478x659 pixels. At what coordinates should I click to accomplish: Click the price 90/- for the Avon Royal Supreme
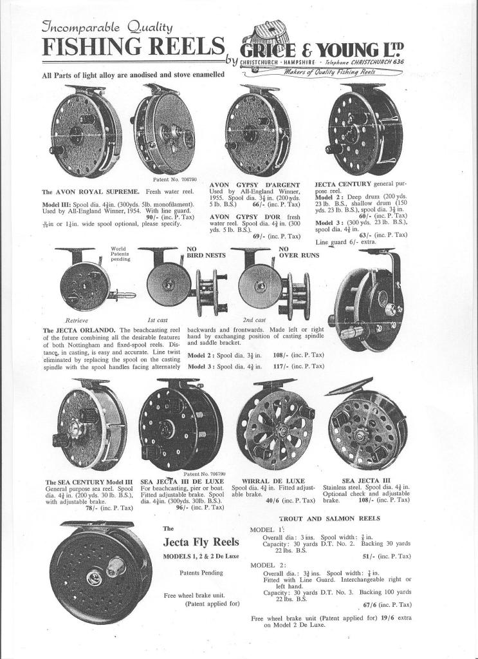pyautogui.click(x=161, y=216)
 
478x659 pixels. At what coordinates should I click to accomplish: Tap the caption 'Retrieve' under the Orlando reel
pyautogui.click(x=77, y=320)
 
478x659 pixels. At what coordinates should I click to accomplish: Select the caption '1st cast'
pyautogui.click(x=158, y=320)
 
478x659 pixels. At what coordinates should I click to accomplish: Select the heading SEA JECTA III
pyautogui.click(x=366, y=481)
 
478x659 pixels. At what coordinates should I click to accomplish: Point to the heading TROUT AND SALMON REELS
pyautogui.click(x=329, y=519)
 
